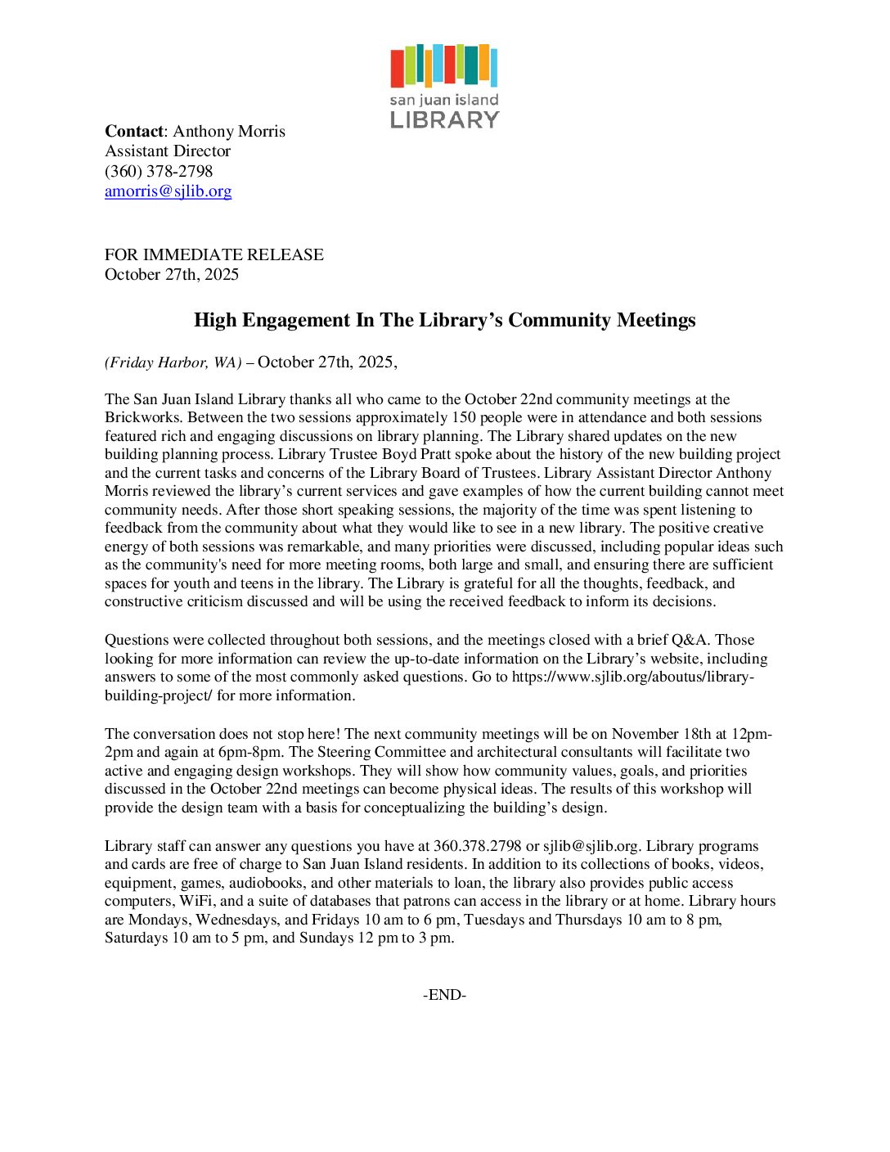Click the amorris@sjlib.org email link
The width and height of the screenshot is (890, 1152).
tap(168, 191)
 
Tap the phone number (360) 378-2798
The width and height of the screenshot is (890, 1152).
tap(159, 171)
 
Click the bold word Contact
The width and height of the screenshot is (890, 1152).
tap(134, 132)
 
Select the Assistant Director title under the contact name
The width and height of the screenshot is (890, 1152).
tap(168, 151)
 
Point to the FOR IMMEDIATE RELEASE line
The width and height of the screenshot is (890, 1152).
tap(214, 254)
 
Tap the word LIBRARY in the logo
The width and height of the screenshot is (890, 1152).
tap(444, 120)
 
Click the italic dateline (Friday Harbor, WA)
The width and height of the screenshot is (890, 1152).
tap(173, 362)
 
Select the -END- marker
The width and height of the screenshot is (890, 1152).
tap(444, 995)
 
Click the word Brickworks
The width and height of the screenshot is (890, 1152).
tap(142, 417)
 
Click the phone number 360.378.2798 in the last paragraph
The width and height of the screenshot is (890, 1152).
tap(477, 846)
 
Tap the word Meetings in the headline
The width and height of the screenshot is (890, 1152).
tap(656, 320)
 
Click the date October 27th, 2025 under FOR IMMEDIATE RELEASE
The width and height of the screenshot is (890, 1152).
tap(172, 275)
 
